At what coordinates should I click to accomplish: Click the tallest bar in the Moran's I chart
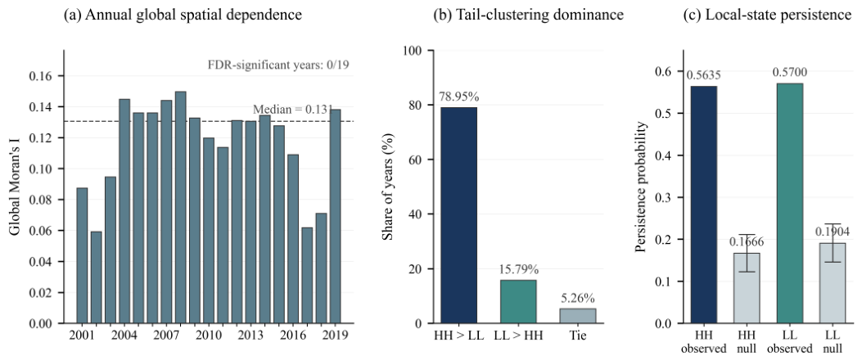tap(180, 207)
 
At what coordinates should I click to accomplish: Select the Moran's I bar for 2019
tap(335, 217)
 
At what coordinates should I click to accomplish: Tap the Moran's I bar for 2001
tap(82, 255)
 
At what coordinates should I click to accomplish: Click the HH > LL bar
tap(459, 215)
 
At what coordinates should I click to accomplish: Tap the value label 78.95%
tap(459, 97)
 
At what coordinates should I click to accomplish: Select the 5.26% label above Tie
tap(577, 299)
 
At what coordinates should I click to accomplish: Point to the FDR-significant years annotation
tap(278, 66)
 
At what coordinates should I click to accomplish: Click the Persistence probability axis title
tap(641, 187)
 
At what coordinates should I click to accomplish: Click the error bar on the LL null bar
tap(833, 243)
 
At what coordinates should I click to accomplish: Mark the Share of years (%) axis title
tap(387, 187)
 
